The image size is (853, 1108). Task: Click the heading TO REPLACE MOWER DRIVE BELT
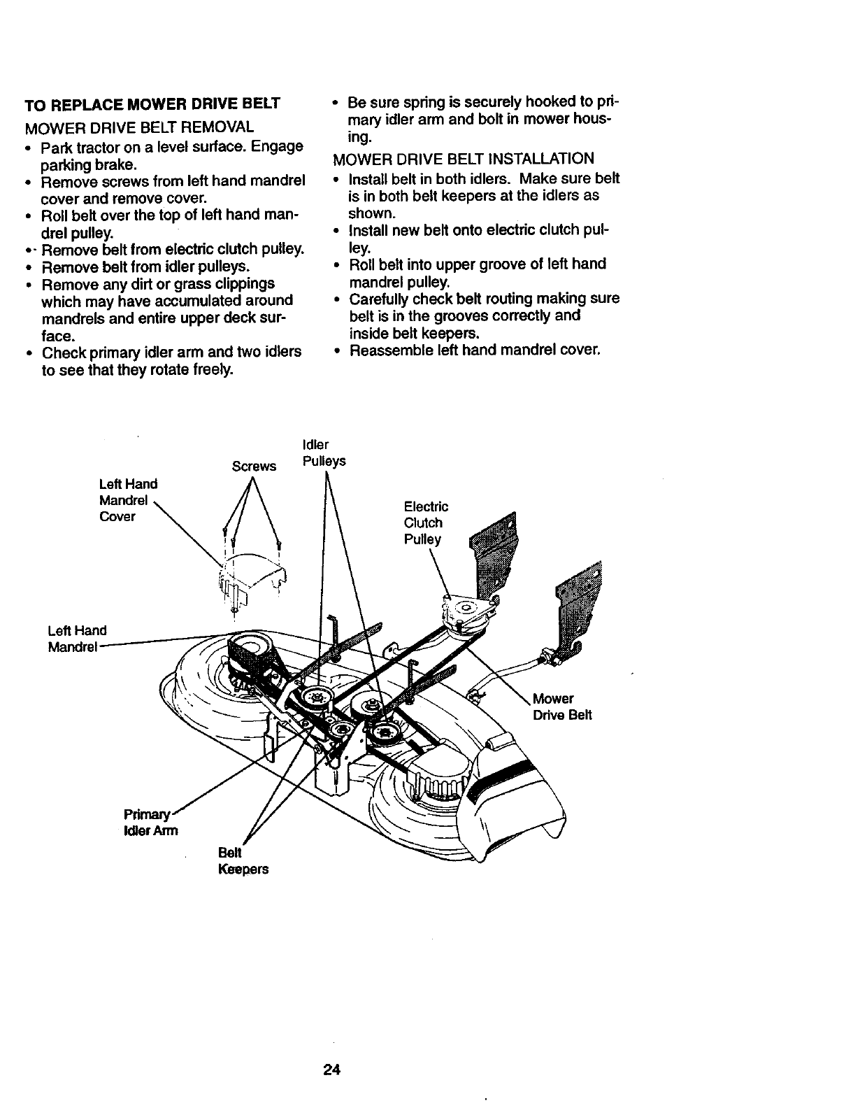pos(152,105)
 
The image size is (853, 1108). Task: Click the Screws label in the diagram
pos(254,467)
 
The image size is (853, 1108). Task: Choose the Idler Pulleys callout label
pos(324,453)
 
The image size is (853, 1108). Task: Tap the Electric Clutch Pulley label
pos(425,523)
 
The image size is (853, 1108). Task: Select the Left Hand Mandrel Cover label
pos(128,500)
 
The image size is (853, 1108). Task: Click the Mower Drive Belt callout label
pos(561,706)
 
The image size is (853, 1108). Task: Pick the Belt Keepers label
pos(243,861)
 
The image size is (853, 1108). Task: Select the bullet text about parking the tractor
pos(171,156)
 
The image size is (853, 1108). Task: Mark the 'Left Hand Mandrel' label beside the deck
pos(76,639)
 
